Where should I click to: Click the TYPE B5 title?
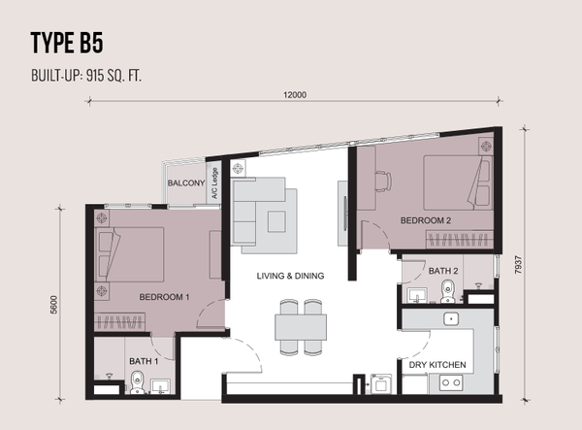[67, 43]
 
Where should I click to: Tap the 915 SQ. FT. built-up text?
[113, 76]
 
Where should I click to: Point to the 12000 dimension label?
[295, 95]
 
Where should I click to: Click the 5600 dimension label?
[54, 305]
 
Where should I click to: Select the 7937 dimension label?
[518, 265]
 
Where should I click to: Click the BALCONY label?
[186, 182]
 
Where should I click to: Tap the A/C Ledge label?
[214, 182]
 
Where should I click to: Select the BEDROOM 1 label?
[165, 297]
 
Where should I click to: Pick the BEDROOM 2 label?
[426, 220]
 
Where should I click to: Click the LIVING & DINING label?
[290, 276]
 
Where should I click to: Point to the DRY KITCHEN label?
[437, 365]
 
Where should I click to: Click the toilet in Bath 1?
[138, 382]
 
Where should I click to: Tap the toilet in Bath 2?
[448, 291]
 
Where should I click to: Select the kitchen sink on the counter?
[451, 318]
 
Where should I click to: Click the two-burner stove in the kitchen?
[451, 382]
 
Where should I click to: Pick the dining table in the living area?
[301, 327]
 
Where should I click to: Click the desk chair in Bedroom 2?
[383, 182]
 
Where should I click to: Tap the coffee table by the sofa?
[276, 221]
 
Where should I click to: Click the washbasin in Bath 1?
[160, 386]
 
